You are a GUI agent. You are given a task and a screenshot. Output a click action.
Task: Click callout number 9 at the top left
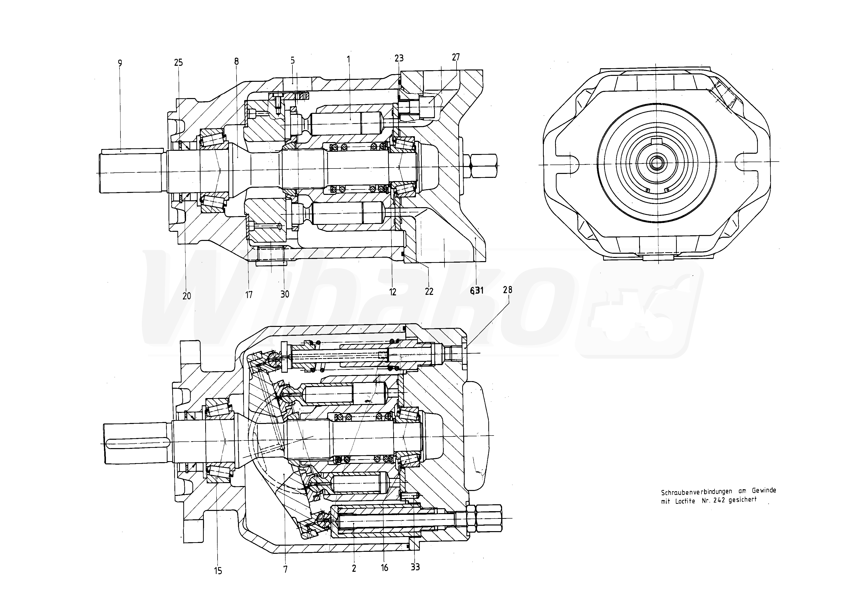pyautogui.click(x=120, y=63)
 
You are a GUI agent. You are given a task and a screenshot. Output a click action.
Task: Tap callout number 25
pyautogui.click(x=178, y=62)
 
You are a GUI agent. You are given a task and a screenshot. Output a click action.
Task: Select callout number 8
pyautogui.click(x=236, y=61)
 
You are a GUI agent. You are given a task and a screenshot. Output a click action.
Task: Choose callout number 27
pyautogui.click(x=456, y=57)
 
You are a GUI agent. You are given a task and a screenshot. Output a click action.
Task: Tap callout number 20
pyautogui.click(x=187, y=296)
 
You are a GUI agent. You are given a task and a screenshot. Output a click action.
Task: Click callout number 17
pyautogui.click(x=249, y=295)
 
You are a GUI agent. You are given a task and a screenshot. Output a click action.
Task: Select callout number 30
pyautogui.click(x=285, y=294)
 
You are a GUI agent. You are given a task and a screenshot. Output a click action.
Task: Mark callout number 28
pyautogui.click(x=507, y=290)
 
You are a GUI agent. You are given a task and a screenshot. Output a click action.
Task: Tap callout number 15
pyautogui.click(x=218, y=571)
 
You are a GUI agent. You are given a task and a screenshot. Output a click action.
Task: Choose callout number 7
pyautogui.click(x=285, y=569)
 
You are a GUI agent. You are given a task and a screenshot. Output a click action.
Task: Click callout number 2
pyautogui.click(x=354, y=569)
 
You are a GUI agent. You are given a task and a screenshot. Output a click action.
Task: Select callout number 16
pyautogui.click(x=384, y=568)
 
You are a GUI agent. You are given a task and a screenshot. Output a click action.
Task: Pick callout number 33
pyautogui.click(x=415, y=567)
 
